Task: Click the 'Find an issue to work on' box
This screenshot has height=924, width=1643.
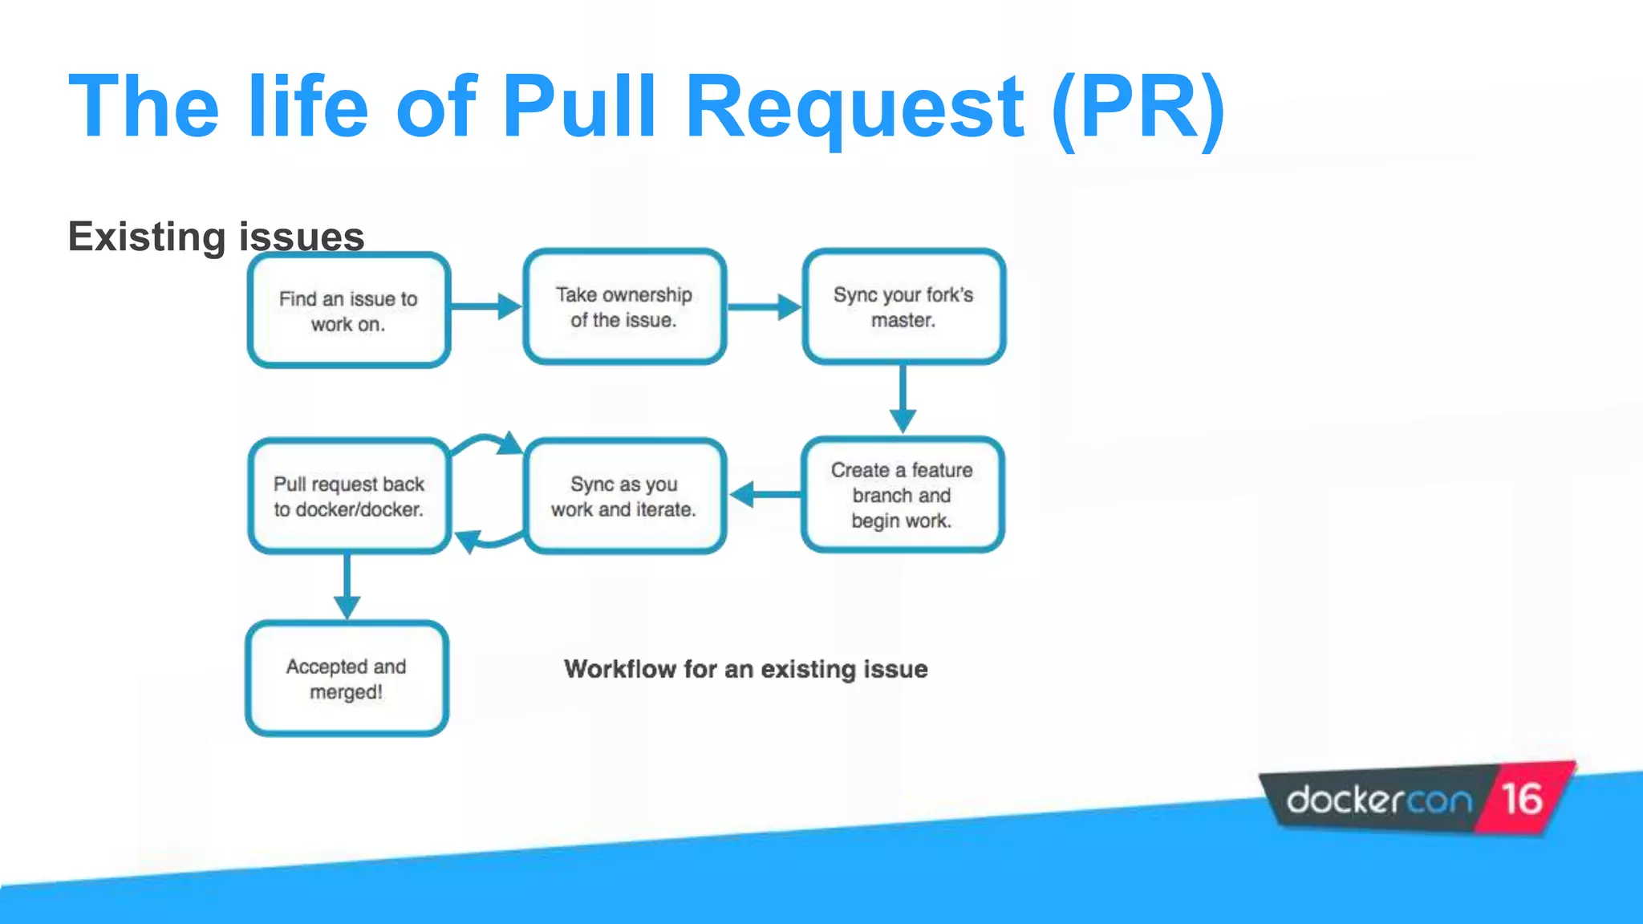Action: (x=348, y=310)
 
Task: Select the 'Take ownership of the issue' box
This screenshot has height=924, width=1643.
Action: (x=624, y=307)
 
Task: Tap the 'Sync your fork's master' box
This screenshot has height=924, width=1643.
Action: (x=903, y=307)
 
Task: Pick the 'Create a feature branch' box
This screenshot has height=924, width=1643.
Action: (x=902, y=495)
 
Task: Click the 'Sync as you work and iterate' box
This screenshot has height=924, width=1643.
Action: (x=624, y=496)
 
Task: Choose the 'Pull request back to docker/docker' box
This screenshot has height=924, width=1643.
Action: (x=348, y=496)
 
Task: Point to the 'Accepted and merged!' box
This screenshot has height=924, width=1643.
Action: (x=347, y=679)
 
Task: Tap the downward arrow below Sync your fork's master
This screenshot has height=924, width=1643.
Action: (x=903, y=399)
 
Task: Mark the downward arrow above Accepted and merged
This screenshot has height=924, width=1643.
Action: (x=347, y=586)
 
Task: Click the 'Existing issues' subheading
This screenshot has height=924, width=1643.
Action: (x=216, y=237)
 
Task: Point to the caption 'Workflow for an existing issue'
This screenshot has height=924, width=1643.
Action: (x=745, y=669)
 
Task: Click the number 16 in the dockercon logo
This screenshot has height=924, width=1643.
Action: (x=1522, y=799)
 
